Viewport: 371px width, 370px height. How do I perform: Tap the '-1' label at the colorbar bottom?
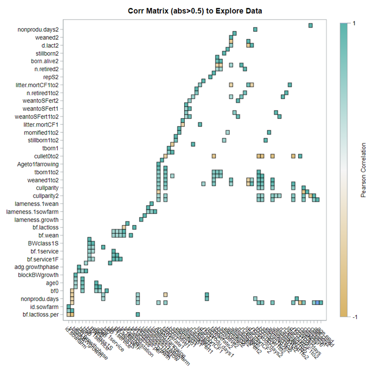point(347,317)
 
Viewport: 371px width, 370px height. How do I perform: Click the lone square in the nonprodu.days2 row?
point(310,25)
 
